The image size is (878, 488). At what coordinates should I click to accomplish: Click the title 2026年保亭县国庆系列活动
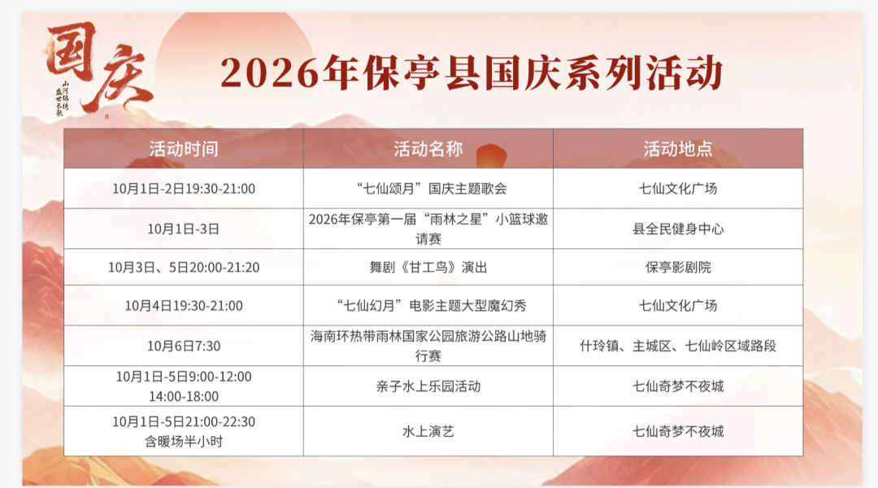point(472,73)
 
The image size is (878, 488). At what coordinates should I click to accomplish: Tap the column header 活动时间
point(184,149)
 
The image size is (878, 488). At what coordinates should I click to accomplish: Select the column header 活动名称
point(428,149)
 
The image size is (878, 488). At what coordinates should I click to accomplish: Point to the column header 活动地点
point(678,149)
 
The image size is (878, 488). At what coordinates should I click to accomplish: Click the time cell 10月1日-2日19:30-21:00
point(184,189)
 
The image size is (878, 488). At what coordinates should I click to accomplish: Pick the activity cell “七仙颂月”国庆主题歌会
point(428,189)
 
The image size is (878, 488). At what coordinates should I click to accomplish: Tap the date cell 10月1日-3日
point(184,229)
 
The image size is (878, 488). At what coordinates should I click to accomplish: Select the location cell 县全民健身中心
point(678,229)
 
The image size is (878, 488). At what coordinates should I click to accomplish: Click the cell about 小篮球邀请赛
point(428,229)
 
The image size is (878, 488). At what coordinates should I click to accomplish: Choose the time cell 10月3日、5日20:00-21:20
point(184,268)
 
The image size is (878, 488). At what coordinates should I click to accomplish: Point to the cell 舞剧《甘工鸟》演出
point(428,268)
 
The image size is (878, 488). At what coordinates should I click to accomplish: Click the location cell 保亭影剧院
point(678,268)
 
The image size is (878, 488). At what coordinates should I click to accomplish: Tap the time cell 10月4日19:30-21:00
point(184,306)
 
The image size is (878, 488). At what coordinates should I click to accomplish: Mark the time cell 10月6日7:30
point(184,346)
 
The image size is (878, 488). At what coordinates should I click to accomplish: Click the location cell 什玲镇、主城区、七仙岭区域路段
point(678,346)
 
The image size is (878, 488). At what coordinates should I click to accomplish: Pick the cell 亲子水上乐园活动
point(428,386)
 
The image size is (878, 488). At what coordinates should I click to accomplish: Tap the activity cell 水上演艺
point(428,431)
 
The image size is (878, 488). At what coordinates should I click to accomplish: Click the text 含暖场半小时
point(184,442)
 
